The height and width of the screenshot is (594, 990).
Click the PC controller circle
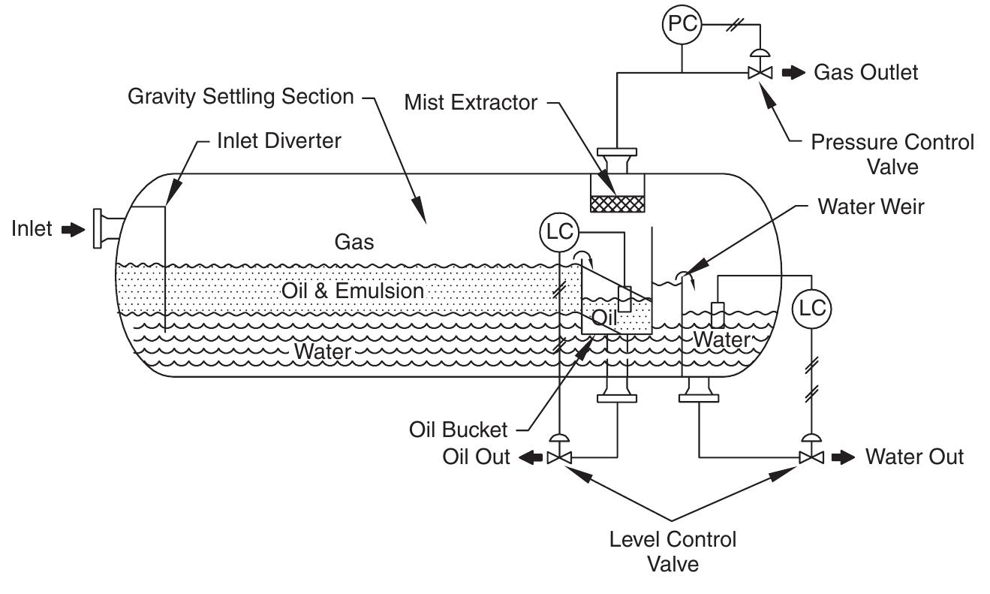[681, 26]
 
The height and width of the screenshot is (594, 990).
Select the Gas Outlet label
[865, 73]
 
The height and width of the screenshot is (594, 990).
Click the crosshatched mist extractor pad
[617, 204]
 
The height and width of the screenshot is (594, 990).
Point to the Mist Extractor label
[471, 102]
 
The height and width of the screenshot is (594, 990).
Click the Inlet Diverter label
[278, 140]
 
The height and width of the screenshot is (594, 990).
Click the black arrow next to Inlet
[73, 230]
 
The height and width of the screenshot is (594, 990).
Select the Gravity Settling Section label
[240, 96]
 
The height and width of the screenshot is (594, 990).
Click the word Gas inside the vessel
[354, 242]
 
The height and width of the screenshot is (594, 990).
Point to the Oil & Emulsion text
[353, 291]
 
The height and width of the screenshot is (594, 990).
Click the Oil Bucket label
[458, 430]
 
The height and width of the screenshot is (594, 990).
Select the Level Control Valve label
[673, 550]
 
